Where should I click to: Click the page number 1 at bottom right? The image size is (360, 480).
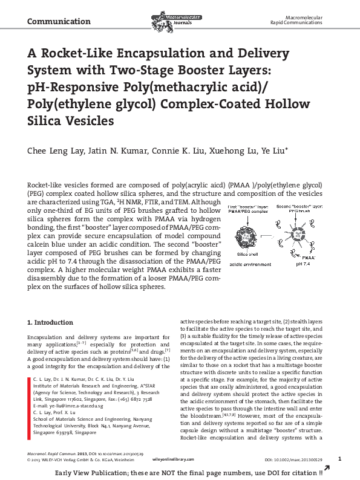pos(340,459)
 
